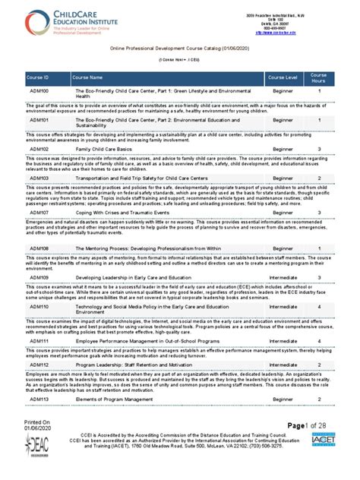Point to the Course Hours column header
pyautogui.click(x=319, y=77)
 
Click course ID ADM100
pyautogui.click(x=39, y=91)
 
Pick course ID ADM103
pyautogui.click(x=39, y=177)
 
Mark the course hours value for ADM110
pyautogui.click(x=319, y=306)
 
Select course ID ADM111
pyautogui.click(x=39, y=341)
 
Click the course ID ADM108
pyautogui.click(x=39, y=248)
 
